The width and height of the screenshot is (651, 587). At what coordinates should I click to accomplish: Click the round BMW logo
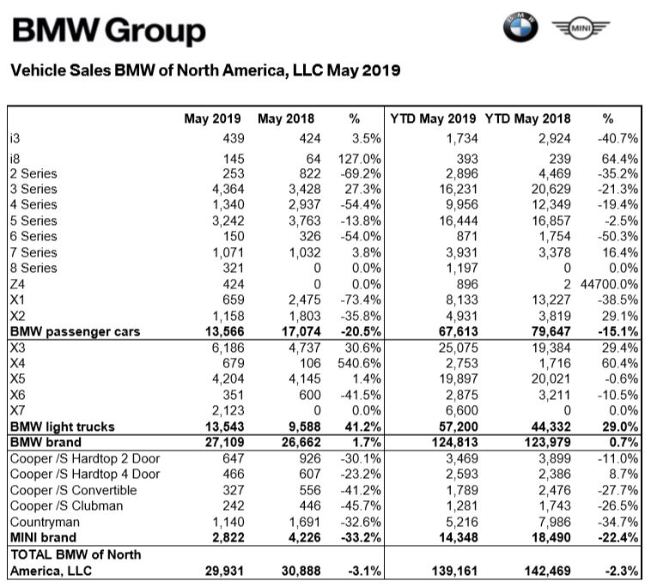point(520,29)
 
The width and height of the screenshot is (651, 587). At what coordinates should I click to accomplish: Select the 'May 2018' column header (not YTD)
point(286,118)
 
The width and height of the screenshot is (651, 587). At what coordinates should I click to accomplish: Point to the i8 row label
point(15,159)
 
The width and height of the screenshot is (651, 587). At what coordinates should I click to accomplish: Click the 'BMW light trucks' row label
point(61,427)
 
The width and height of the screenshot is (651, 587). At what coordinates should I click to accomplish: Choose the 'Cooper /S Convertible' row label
point(73,490)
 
